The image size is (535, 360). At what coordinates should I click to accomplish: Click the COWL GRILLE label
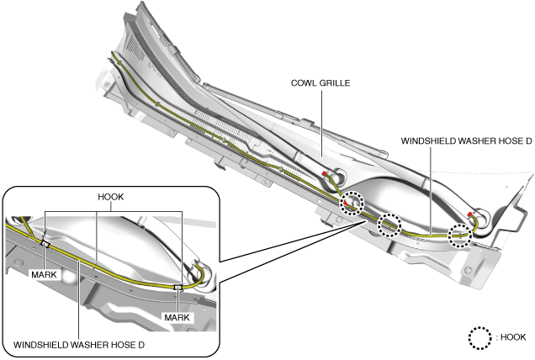click(320, 83)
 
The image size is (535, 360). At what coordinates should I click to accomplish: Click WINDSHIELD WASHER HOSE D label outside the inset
click(466, 141)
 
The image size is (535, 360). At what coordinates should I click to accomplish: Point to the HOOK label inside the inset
click(111, 196)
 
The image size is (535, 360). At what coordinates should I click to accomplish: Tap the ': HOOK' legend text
click(511, 336)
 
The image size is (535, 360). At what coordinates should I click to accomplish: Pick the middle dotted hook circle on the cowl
click(390, 225)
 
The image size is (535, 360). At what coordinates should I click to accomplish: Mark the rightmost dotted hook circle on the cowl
click(460, 235)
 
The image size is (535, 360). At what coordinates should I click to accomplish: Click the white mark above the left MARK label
click(45, 245)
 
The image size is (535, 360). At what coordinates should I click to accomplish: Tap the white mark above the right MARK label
click(177, 288)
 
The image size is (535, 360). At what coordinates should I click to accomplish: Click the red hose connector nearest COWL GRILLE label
click(326, 174)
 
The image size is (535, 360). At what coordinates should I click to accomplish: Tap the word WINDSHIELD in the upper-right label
click(427, 141)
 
